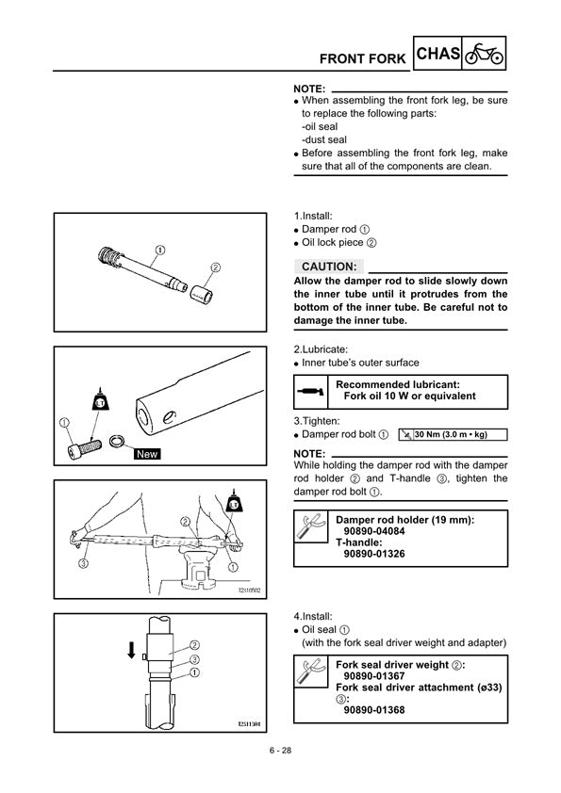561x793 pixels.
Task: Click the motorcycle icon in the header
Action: (x=484, y=54)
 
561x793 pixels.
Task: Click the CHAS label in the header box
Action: (x=438, y=53)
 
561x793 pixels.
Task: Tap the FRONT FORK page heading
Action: (x=362, y=59)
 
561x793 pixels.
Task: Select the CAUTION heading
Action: (x=329, y=267)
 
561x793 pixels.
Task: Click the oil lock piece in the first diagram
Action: (x=201, y=293)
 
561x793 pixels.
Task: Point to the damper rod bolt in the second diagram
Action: (x=85, y=448)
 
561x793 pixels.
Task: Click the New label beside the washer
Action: (x=147, y=454)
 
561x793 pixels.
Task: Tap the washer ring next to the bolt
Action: (x=118, y=442)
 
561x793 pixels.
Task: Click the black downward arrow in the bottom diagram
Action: (x=131, y=650)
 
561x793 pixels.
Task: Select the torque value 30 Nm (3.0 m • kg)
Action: (x=451, y=434)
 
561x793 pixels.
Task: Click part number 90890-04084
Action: (x=374, y=531)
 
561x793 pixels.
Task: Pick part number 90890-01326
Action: (x=374, y=554)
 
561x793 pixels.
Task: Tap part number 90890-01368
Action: (x=374, y=710)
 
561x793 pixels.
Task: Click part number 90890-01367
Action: (x=374, y=676)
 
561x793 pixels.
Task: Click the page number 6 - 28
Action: (x=280, y=751)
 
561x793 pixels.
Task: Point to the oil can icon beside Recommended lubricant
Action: (x=311, y=392)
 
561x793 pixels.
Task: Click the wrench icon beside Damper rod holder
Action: (x=310, y=526)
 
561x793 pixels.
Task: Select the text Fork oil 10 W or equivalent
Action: (x=409, y=396)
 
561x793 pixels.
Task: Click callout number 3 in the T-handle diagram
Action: (x=84, y=563)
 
